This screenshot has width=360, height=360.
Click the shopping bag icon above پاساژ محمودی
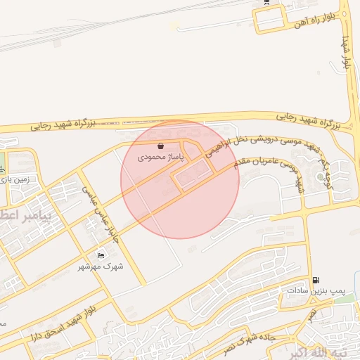click(161, 146)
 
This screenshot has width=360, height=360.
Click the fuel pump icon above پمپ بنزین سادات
click(314, 279)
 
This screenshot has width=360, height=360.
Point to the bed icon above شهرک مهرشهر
click(100, 255)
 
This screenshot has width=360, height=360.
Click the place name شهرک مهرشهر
click(100, 266)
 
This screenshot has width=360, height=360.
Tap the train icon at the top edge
click(266, 2)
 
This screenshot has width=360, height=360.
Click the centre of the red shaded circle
click(180, 180)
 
